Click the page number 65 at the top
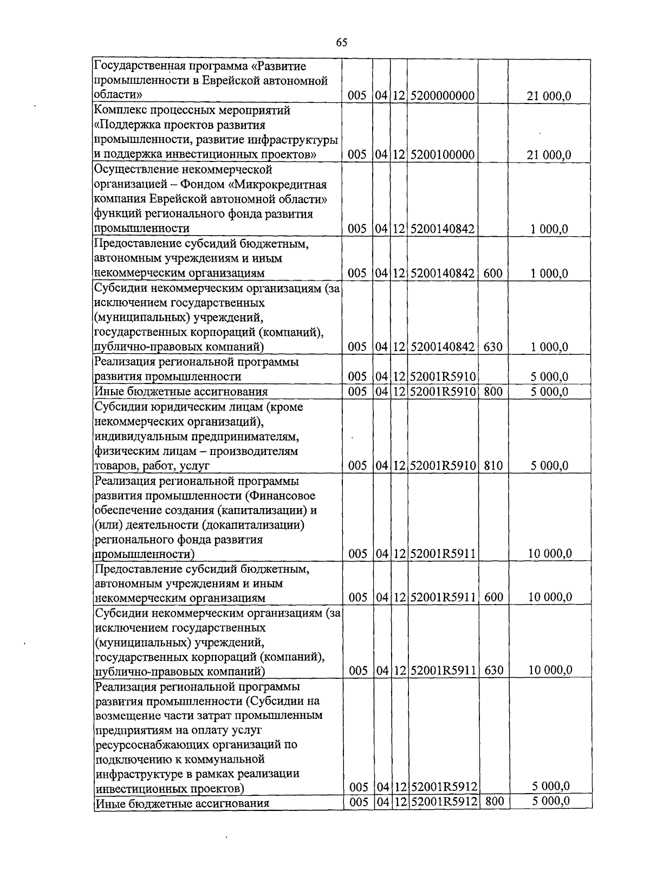341,42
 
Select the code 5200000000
443,96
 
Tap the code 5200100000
443,155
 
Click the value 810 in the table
493,465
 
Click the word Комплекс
120,111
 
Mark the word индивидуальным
141,436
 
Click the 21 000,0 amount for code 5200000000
549,96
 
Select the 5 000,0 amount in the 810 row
549,465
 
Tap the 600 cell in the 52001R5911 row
493,598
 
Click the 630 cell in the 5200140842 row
493,347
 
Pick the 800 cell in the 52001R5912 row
493,801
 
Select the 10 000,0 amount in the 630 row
550,670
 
